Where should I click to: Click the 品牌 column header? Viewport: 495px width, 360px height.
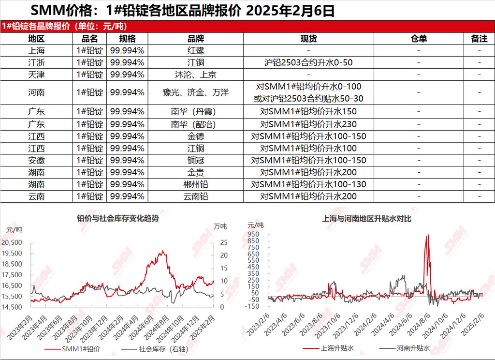coord(195,39)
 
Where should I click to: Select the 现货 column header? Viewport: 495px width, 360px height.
coord(308,39)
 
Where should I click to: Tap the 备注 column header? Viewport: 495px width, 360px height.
coord(479,39)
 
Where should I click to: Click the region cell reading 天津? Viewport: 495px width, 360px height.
coord(36,75)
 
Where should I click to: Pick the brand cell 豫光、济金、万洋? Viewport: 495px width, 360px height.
coord(195,92)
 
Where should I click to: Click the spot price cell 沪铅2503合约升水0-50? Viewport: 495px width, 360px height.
coord(308,62)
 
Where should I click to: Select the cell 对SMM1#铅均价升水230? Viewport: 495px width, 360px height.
coord(308,123)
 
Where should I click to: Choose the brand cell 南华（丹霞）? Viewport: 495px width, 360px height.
coord(195,111)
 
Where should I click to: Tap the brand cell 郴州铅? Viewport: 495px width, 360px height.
coord(195,184)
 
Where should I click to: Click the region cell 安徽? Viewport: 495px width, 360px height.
coord(36,160)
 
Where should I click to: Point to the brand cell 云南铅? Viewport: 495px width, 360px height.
coord(195,196)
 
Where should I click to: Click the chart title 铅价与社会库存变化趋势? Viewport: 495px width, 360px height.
coord(118,218)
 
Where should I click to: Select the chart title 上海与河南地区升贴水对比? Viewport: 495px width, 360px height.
coord(367,219)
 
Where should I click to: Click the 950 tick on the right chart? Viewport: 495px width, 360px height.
coord(253,234)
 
